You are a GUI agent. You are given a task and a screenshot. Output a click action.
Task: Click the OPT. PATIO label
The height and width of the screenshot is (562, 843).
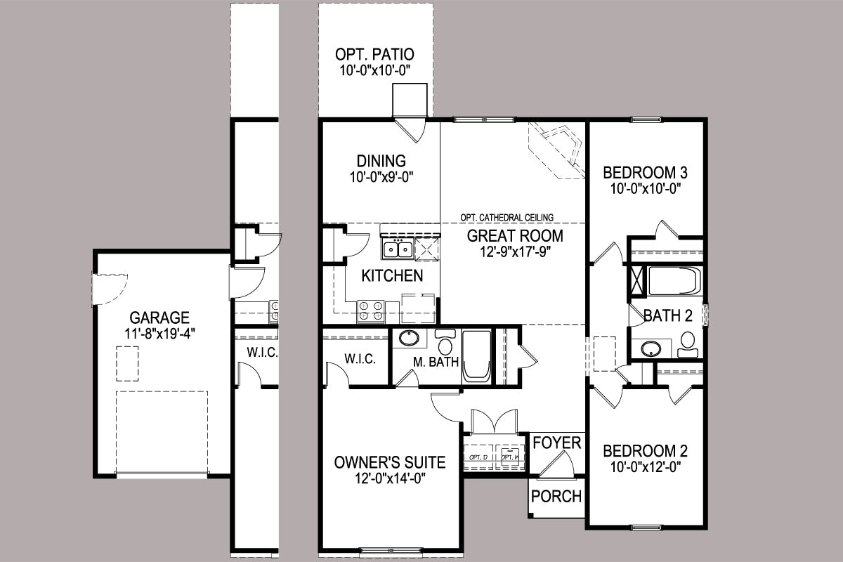[374, 54]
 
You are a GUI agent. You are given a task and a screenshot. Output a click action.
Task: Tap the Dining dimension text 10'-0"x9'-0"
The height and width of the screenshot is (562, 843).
[381, 177]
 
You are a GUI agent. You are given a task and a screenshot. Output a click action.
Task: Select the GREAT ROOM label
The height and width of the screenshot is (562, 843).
[515, 236]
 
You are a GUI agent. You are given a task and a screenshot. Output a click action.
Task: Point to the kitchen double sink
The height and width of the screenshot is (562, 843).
[398, 249]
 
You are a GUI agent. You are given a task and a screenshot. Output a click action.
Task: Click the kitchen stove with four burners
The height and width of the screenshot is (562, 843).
[371, 311]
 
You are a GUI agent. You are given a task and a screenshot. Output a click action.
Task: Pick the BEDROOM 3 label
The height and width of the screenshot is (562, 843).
[645, 173]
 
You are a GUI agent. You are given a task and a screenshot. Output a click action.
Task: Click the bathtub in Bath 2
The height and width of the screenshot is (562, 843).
[674, 280]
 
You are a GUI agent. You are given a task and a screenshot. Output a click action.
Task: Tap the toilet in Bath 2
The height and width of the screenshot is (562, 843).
[688, 344]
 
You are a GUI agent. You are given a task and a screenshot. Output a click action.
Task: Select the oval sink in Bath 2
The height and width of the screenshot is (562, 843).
[651, 348]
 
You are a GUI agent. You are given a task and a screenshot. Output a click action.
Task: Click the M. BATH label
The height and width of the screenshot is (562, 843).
[436, 362]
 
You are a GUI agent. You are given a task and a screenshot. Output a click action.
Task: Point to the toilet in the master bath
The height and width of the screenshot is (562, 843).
[445, 341]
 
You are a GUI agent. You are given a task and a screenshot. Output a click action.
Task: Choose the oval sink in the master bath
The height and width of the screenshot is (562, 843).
[409, 338]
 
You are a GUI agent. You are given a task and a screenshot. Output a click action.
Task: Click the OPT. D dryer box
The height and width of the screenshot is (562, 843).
[478, 457]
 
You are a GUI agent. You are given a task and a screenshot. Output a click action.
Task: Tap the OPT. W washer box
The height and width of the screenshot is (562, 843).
[509, 457]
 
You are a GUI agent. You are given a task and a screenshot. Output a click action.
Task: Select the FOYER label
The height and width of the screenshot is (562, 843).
[557, 443]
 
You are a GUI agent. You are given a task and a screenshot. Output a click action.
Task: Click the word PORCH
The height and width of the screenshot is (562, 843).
[556, 497]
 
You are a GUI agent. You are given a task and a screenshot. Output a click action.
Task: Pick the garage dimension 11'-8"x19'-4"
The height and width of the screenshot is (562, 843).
[160, 334]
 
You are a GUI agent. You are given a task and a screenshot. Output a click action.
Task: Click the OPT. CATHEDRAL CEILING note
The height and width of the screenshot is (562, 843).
[507, 217]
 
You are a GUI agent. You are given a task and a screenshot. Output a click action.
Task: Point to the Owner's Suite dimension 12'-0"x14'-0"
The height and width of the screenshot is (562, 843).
[390, 479]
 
